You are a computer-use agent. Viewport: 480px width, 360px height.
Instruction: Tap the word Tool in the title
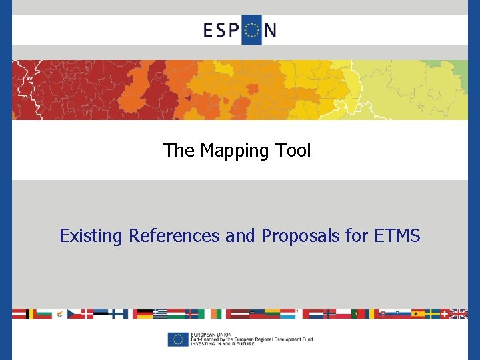pos(293,151)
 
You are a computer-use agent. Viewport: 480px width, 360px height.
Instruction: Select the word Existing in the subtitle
pos(91,236)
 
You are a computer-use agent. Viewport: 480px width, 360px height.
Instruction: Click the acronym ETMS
pos(397,236)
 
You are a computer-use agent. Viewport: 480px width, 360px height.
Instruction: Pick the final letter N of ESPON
pos(270,31)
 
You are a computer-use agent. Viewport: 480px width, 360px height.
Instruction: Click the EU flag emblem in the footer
pos(177,339)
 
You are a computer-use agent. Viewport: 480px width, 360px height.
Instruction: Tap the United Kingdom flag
pos(459,313)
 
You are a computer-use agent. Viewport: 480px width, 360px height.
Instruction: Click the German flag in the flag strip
pos(142,313)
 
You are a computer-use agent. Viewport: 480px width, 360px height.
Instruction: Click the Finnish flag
pos(120,313)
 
